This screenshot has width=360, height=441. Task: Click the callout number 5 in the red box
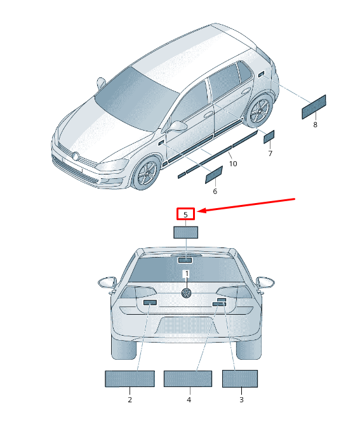pyautogui.click(x=185, y=215)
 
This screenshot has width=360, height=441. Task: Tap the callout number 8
pyautogui.click(x=316, y=124)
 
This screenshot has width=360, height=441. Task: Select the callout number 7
pyautogui.click(x=270, y=154)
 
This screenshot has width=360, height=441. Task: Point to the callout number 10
pyautogui.click(x=233, y=164)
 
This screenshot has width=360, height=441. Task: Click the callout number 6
pyautogui.click(x=215, y=191)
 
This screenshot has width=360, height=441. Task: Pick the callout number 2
pyautogui.click(x=130, y=400)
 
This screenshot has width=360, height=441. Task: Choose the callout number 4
pyautogui.click(x=189, y=400)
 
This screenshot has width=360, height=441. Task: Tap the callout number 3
pyautogui.click(x=241, y=400)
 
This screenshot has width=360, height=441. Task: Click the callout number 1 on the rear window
pyautogui.click(x=187, y=273)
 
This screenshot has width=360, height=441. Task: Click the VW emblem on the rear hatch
pyautogui.click(x=186, y=293)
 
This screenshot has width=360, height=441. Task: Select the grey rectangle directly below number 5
pyautogui.click(x=185, y=232)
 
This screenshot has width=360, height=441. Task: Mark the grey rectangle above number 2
pyautogui.click(x=130, y=379)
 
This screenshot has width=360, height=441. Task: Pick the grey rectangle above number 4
pyautogui.click(x=188, y=379)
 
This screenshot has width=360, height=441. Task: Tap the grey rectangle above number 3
pyautogui.click(x=240, y=379)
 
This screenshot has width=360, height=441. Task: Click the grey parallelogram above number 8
pyautogui.click(x=314, y=107)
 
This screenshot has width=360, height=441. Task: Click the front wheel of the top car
pyautogui.click(x=147, y=173)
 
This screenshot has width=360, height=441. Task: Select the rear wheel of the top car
pyautogui.click(x=259, y=111)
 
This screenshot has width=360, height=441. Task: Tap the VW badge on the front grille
pyautogui.click(x=76, y=156)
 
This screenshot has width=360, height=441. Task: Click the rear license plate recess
pyautogui.click(x=187, y=326)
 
